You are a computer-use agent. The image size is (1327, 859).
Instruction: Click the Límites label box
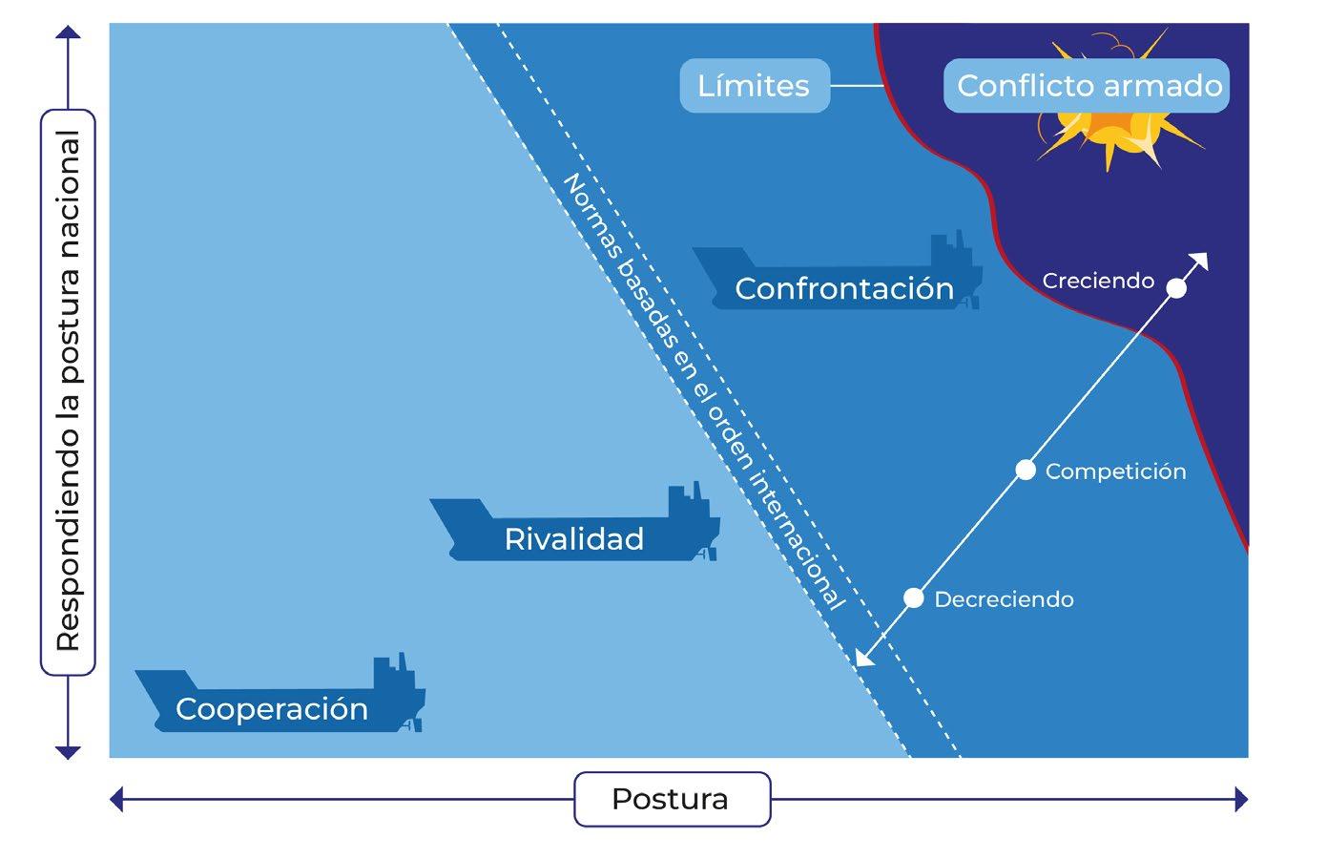(x=754, y=86)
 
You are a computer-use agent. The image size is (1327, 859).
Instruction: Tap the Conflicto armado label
(x=1089, y=86)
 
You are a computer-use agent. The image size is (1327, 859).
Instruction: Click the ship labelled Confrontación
(x=840, y=277)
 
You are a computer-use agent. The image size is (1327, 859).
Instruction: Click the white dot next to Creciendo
(x=1177, y=288)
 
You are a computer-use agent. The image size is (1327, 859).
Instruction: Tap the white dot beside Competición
(x=1026, y=470)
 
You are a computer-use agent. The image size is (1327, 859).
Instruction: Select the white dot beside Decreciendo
(x=914, y=598)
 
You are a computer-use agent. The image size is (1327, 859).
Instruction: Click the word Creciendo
(x=1098, y=282)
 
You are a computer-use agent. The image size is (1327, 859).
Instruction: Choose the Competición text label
(x=1115, y=471)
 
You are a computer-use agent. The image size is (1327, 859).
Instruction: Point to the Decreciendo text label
(x=1004, y=599)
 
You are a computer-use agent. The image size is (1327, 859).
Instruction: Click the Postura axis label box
(x=671, y=799)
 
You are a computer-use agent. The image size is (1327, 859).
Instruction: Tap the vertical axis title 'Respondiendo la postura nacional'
(x=68, y=391)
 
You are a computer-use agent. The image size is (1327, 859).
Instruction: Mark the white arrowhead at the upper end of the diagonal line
(x=1200, y=261)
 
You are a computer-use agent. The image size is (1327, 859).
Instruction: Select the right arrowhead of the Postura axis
(x=1240, y=799)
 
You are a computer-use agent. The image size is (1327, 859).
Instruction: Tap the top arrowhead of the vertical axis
(x=68, y=32)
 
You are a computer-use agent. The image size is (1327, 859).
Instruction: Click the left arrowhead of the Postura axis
(x=117, y=799)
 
